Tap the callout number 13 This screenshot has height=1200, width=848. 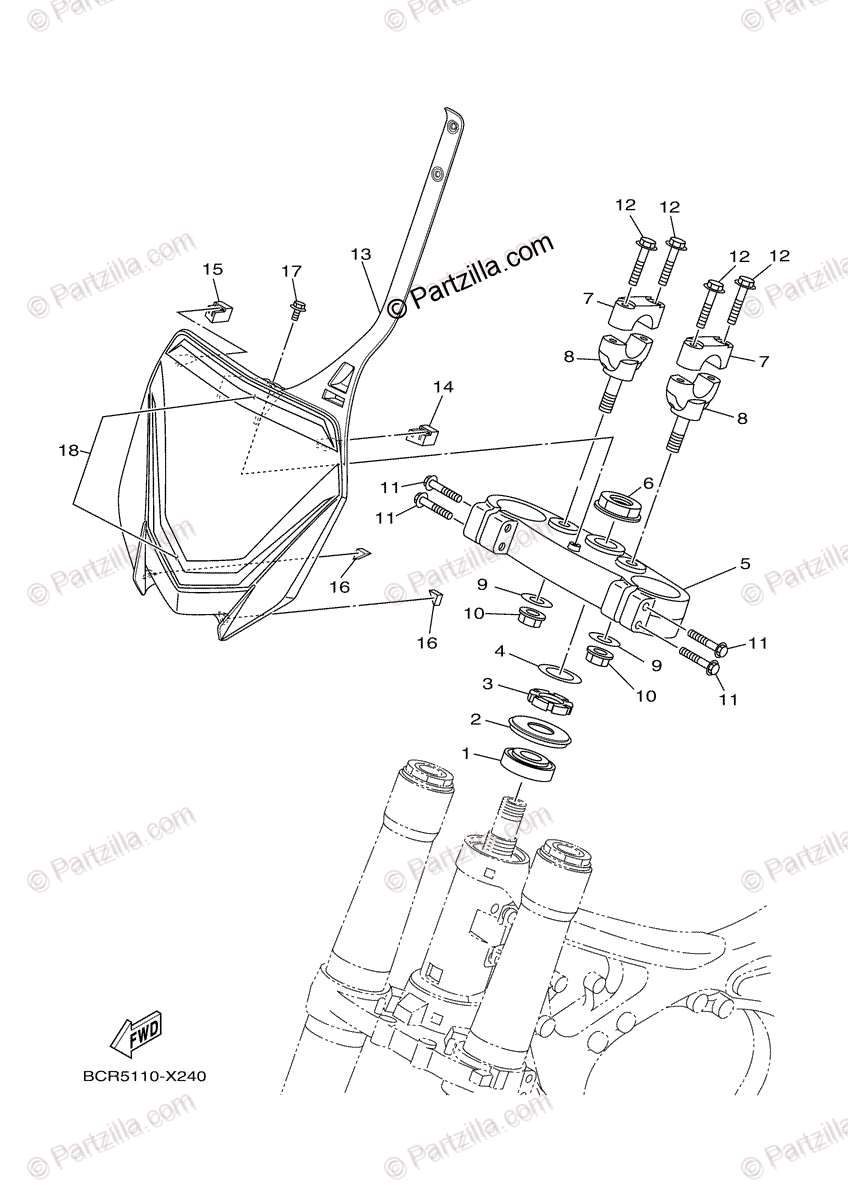click(361, 254)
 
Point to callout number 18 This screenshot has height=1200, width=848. click(68, 451)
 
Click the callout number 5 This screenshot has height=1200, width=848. click(744, 563)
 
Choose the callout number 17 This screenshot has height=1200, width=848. click(290, 271)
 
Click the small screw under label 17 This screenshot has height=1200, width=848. click(296, 307)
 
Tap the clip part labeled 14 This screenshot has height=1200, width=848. click(424, 433)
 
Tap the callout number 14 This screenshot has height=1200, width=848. click(443, 386)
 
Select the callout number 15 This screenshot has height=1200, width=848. click(212, 269)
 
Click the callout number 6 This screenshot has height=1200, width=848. click(648, 483)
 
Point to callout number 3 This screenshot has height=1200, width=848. click(489, 685)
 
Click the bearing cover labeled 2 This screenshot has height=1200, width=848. click(542, 727)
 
